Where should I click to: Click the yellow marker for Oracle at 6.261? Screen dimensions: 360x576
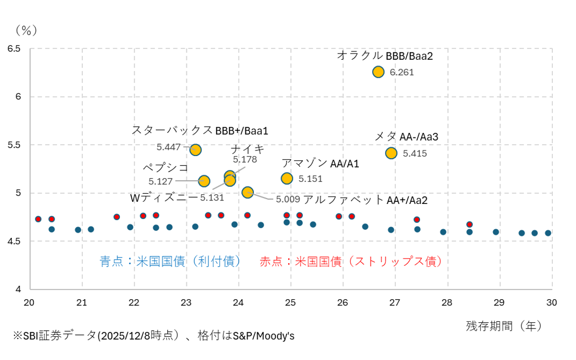click(x=378, y=72)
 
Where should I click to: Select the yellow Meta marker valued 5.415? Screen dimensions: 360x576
click(x=391, y=153)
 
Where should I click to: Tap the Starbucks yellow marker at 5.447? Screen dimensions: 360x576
click(x=195, y=150)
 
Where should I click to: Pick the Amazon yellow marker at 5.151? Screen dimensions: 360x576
click(x=287, y=178)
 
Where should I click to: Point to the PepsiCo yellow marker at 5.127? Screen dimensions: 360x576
click(x=204, y=181)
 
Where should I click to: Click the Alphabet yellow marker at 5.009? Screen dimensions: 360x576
click(x=248, y=192)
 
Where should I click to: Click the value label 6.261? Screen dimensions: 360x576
click(x=402, y=73)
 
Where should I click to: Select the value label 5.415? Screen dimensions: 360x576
click(x=414, y=153)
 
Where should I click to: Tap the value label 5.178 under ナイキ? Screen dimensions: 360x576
click(x=245, y=160)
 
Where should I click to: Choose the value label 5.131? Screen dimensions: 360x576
click(x=212, y=198)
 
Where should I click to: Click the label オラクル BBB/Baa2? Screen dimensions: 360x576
click(x=385, y=56)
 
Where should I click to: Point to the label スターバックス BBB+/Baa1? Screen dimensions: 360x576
click(x=200, y=131)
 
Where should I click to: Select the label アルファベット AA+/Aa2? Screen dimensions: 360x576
click(x=365, y=200)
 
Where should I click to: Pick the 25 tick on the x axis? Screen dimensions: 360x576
click(x=290, y=301)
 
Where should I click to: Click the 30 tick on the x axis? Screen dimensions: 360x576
click(x=551, y=301)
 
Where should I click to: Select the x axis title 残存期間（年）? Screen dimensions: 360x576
click(x=504, y=325)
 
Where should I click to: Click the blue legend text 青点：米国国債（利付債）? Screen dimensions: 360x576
click(x=171, y=262)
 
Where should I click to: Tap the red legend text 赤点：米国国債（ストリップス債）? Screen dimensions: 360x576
click(x=351, y=262)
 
